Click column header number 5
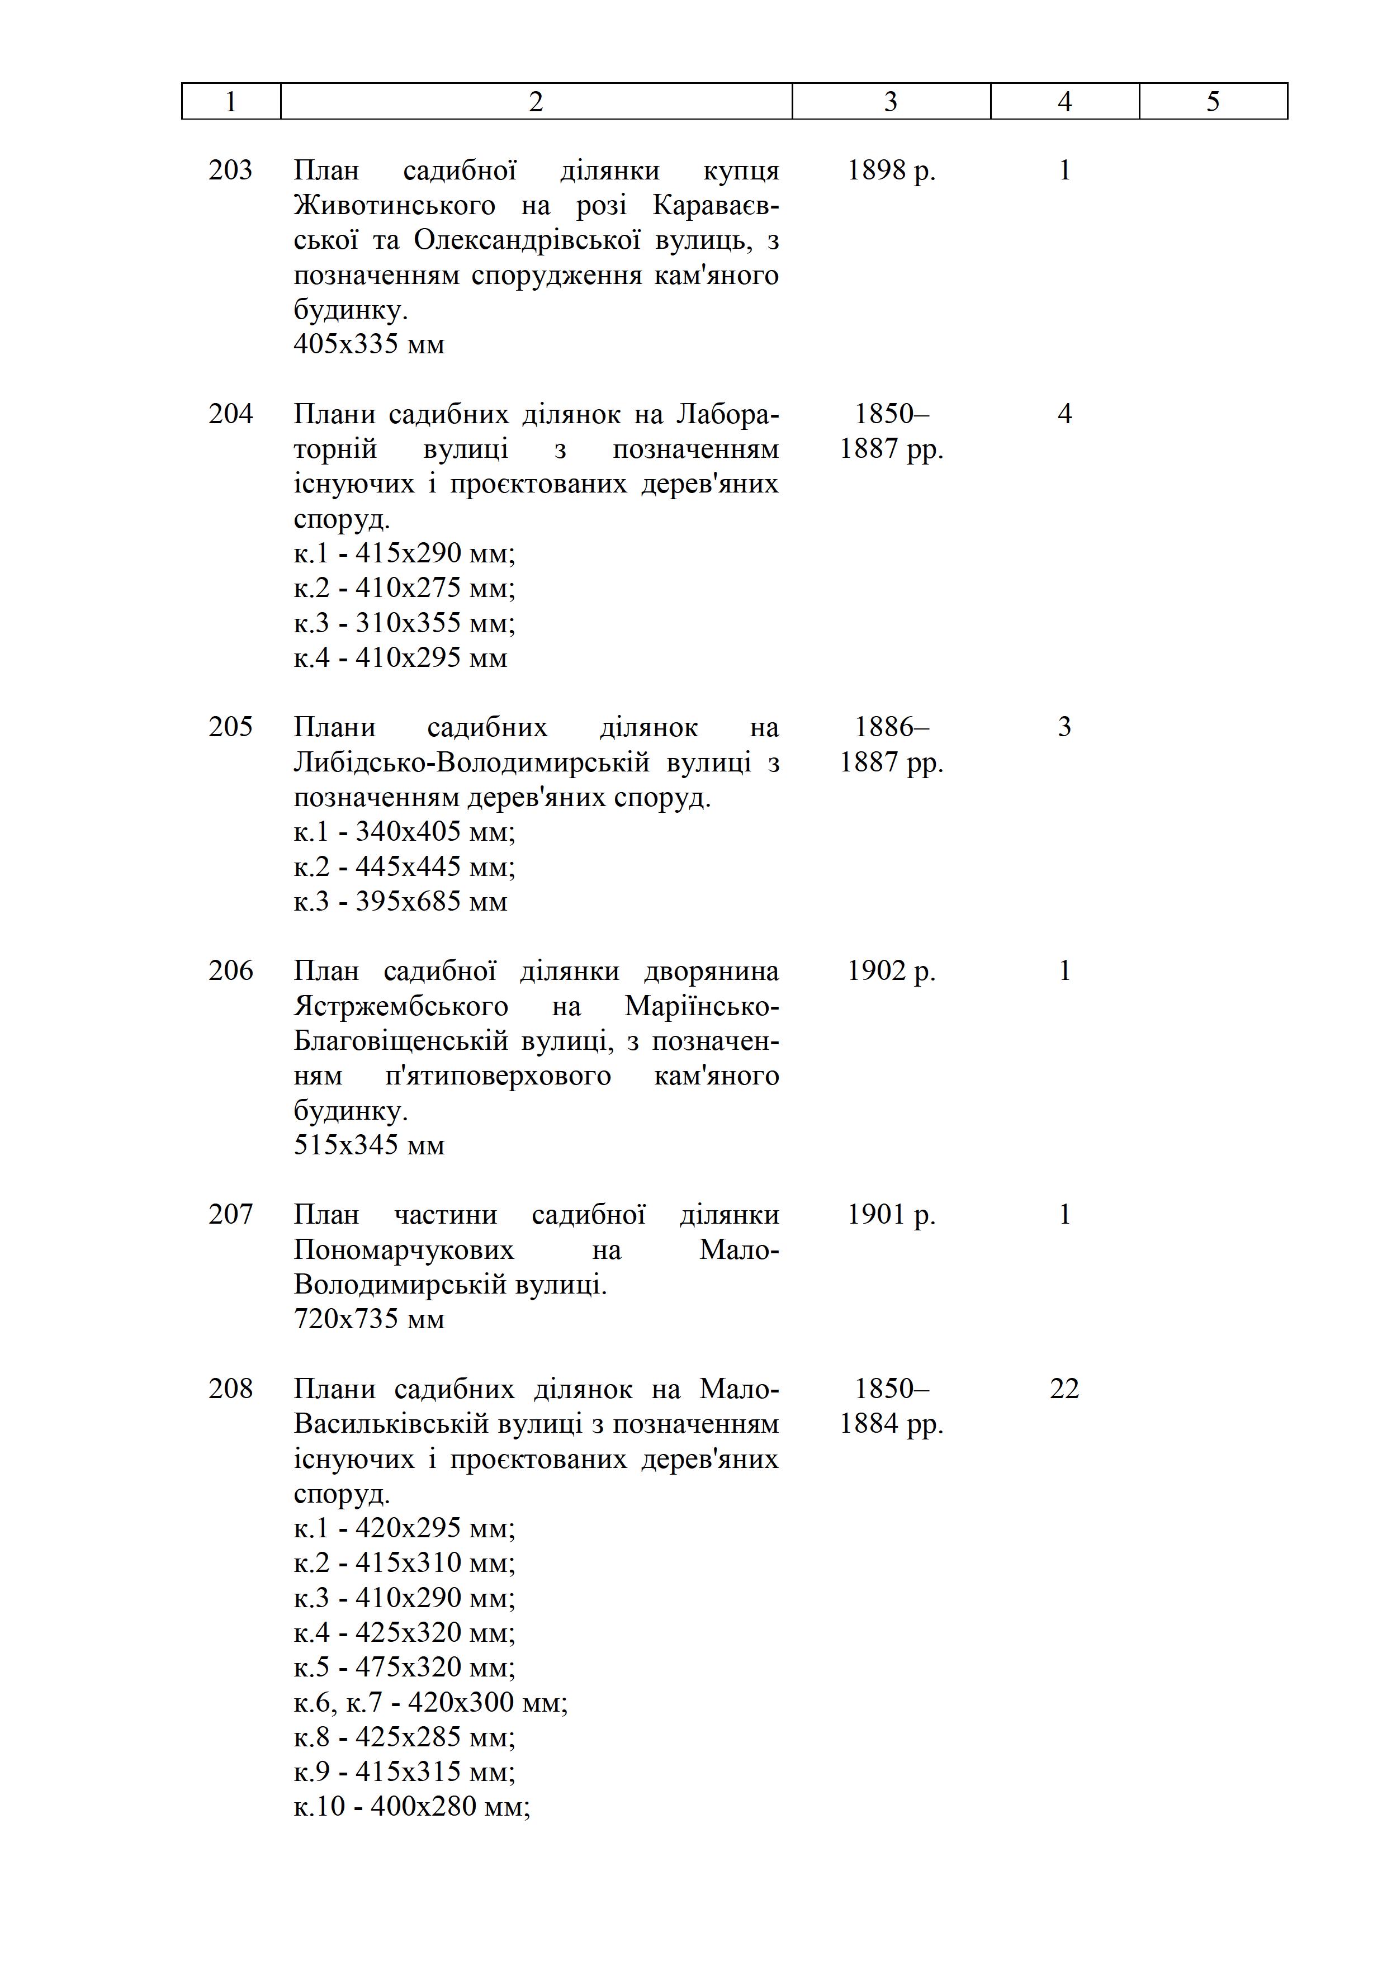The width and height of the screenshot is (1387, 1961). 1213,102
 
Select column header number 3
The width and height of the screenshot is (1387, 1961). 891,102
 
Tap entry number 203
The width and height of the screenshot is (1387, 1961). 230,171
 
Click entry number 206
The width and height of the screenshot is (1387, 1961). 230,971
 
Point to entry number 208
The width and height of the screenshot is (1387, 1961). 230,1389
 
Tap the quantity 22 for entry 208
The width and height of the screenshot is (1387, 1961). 1064,1389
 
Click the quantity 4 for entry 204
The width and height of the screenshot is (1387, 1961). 1064,414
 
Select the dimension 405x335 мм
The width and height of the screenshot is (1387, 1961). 369,345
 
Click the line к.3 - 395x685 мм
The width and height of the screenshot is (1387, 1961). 400,902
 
